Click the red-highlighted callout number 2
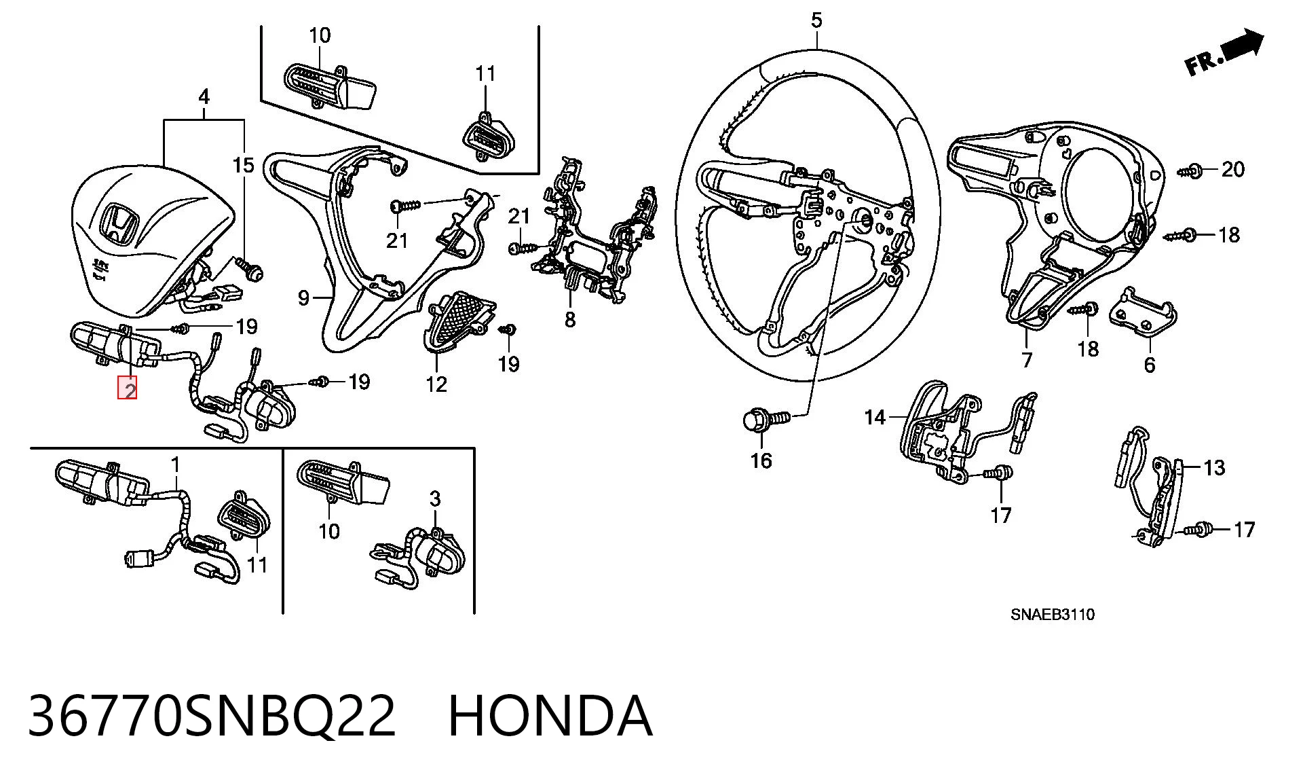pyautogui.click(x=128, y=388)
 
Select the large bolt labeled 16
pyautogui.click(x=767, y=418)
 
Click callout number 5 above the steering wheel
pyautogui.click(x=816, y=20)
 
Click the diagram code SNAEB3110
pyautogui.click(x=1053, y=615)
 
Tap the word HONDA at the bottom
pyautogui.click(x=550, y=716)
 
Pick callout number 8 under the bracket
pyautogui.click(x=570, y=319)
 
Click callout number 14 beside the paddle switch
pyautogui.click(x=875, y=417)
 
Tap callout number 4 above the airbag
pyautogui.click(x=204, y=96)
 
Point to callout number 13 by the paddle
pyautogui.click(x=1214, y=467)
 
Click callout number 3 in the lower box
pyautogui.click(x=435, y=498)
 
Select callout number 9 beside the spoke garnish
pyautogui.click(x=304, y=297)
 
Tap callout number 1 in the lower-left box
pyautogui.click(x=175, y=465)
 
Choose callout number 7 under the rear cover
pyautogui.click(x=1027, y=359)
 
